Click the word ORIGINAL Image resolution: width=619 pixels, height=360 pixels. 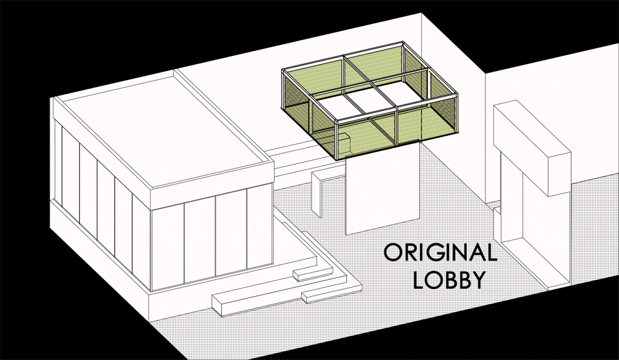pos(440,252)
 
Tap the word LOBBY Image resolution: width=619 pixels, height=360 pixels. pos(449,280)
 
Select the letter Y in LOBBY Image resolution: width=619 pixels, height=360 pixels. pos(478,280)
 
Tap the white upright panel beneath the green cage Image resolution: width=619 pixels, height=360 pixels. pos(382,188)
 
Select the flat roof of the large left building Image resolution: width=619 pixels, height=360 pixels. pos(164,130)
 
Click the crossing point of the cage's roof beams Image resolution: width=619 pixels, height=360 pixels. pos(370,83)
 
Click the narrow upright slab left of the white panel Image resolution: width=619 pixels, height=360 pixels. pos(317,194)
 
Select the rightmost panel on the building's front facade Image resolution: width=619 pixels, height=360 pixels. pos(260,228)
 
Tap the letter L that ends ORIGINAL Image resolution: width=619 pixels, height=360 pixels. pos(492,252)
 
